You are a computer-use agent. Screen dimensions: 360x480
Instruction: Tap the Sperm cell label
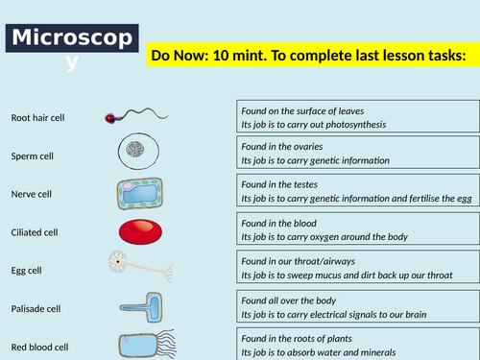(x=31, y=156)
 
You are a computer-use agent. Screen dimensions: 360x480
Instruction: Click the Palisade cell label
(x=35, y=309)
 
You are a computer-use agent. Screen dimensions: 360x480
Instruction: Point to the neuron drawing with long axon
(x=139, y=264)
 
